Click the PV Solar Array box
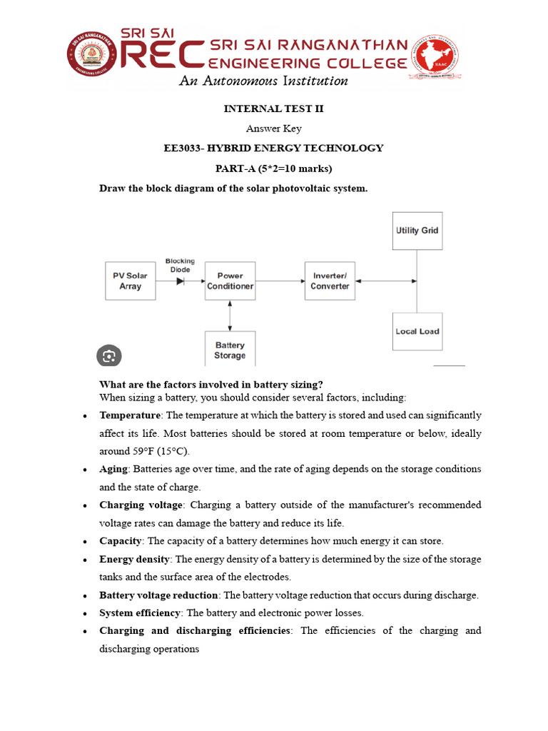[x=131, y=281]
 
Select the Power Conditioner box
[x=230, y=281]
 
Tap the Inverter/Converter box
[x=330, y=281]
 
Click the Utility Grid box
[x=417, y=231]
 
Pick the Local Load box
[x=417, y=331]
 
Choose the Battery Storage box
[x=230, y=350]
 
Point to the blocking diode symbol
[x=180, y=281]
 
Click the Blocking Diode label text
[x=180, y=265]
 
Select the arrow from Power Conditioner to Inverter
[x=279, y=281]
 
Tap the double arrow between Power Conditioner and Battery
[x=230, y=316]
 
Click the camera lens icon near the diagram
[x=108, y=356]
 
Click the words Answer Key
[x=273, y=128]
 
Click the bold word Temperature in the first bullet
[x=130, y=415]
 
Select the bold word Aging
[x=114, y=469]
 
